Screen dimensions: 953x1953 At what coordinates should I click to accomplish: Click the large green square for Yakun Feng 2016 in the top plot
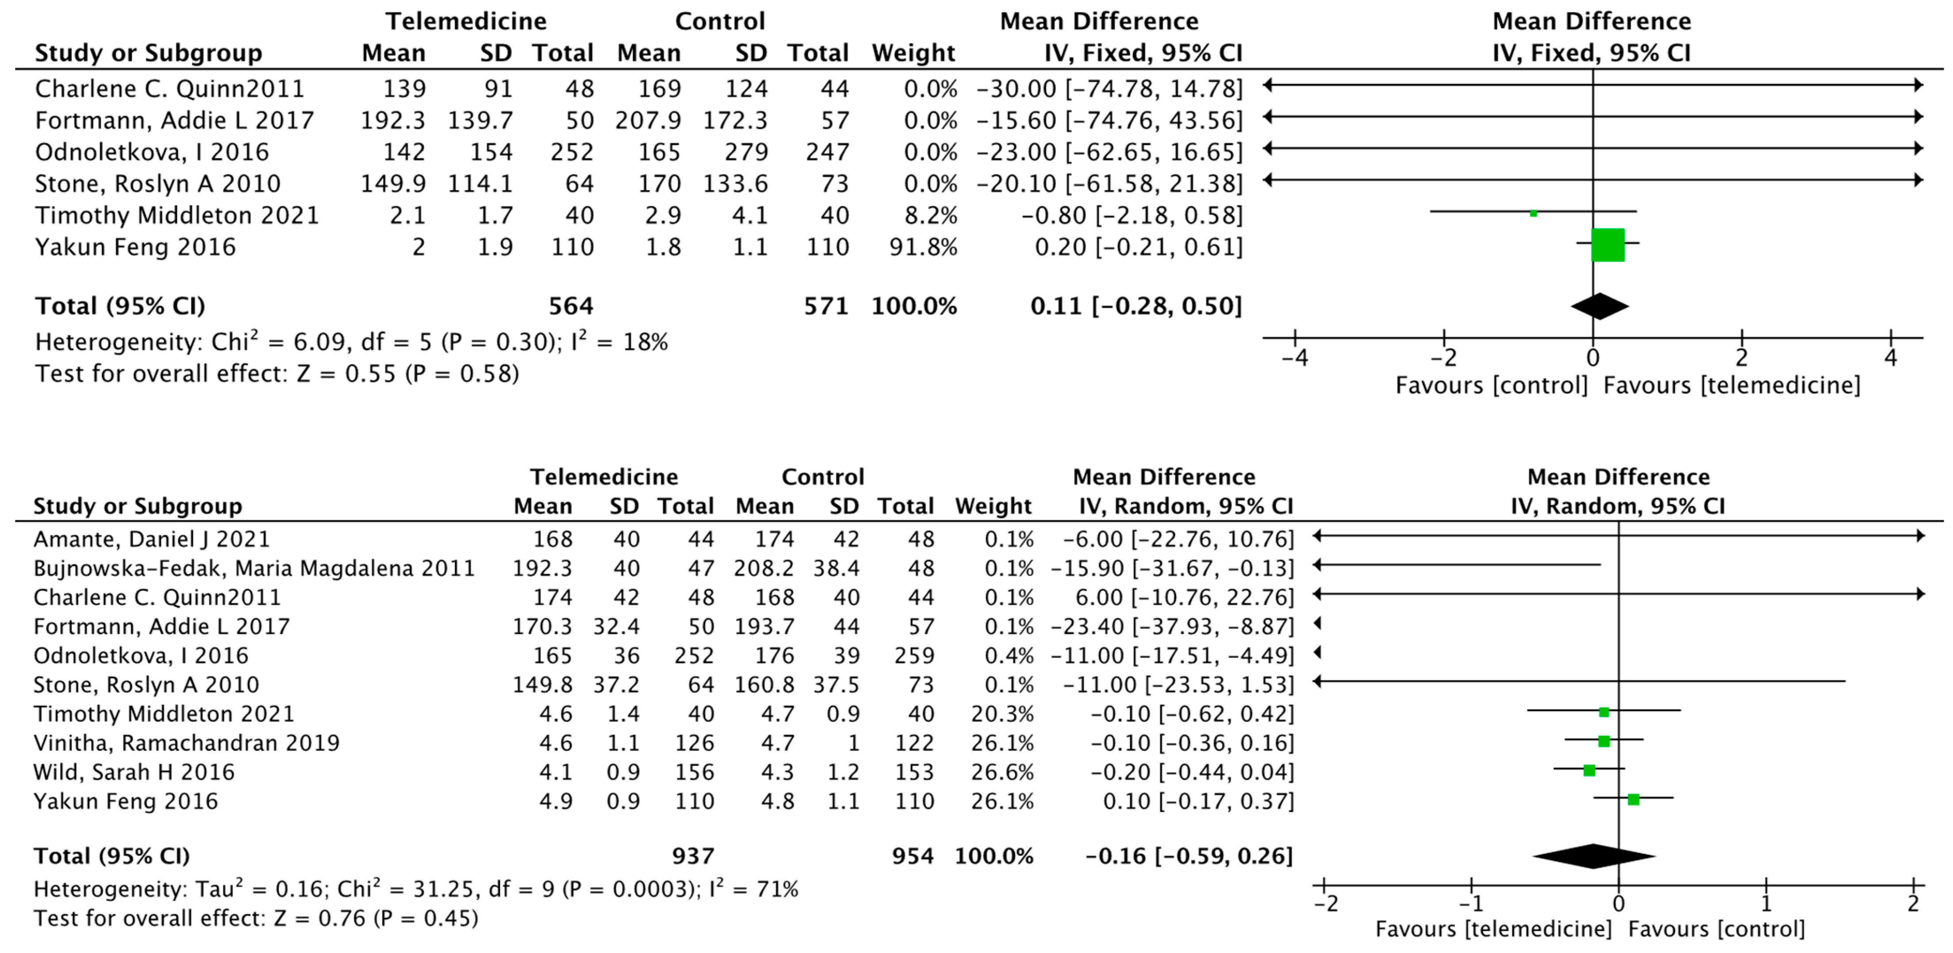[1607, 245]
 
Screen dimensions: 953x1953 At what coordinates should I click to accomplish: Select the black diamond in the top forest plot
[1600, 306]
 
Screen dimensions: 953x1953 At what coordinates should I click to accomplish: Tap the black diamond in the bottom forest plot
[1594, 856]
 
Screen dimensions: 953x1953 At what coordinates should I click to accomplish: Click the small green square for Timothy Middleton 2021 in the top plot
[1533, 213]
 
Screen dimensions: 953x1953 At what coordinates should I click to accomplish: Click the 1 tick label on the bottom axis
[1766, 904]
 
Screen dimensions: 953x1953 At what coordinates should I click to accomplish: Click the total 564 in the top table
[571, 306]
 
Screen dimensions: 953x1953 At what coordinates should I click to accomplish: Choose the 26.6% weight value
[1002, 772]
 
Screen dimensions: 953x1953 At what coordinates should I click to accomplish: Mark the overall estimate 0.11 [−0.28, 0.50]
[1136, 306]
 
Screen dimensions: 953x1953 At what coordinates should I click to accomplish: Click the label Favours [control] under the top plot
[1491, 385]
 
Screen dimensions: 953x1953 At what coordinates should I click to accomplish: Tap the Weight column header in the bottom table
[993, 506]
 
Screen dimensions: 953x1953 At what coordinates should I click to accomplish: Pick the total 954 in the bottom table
[913, 856]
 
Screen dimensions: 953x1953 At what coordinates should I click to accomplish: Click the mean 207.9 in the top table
[648, 121]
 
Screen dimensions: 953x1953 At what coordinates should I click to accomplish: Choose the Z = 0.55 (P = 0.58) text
[407, 374]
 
